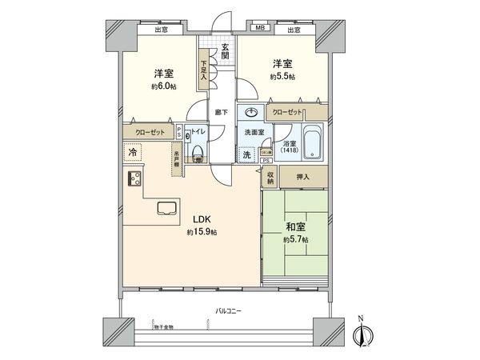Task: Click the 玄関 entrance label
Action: [226, 52]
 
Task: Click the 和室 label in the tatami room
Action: [294, 226]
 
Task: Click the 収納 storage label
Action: [271, 177]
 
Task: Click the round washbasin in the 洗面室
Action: [252, 113]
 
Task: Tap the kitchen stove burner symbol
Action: [131, 178]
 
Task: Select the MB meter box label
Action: [259, 30]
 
